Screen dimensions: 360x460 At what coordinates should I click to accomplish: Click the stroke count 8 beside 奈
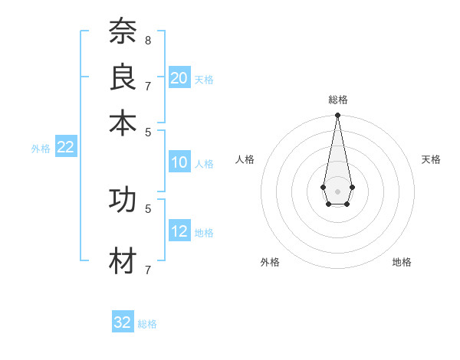(147, 39)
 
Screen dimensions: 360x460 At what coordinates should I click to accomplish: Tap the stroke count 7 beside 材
(147, 269)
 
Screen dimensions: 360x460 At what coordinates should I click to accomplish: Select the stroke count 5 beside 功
(147, 208)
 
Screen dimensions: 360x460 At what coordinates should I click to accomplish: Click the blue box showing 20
(179, 77)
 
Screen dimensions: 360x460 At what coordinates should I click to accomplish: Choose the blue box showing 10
(179, 162)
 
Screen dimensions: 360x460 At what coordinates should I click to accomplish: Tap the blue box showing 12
(179, 231)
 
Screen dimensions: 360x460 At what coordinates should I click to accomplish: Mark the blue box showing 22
(65, 148)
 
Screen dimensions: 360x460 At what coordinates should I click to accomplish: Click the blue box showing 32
(123, 322)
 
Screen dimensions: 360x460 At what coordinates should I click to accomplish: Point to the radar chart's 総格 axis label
(338, 100)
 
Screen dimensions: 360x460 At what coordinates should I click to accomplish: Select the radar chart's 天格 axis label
(431, 159)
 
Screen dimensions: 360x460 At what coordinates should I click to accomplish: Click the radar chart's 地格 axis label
(402, 262)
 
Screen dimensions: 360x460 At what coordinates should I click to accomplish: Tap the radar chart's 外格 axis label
(270, 262)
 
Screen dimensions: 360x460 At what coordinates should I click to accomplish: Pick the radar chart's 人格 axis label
(245, 159)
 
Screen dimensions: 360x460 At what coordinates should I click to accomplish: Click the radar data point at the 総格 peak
(337, 116)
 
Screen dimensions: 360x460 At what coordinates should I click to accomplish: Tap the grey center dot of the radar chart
(337, 190)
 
